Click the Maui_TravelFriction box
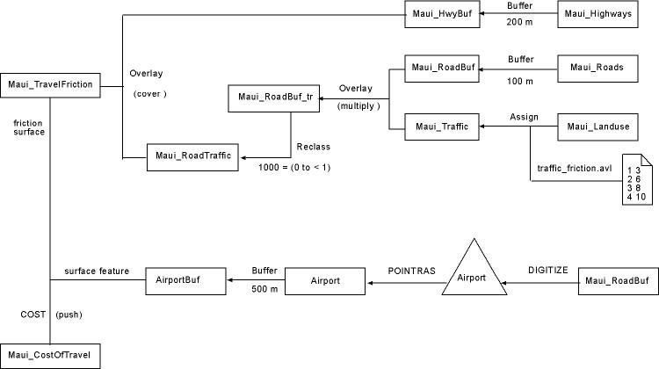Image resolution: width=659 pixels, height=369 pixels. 50,85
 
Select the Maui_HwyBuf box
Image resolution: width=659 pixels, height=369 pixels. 443,15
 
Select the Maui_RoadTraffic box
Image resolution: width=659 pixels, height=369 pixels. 193,156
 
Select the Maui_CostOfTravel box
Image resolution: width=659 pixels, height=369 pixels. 50,356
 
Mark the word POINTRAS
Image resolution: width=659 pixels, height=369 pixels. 411,271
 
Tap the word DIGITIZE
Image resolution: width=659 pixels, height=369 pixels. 547,271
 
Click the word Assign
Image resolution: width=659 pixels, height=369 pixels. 524,116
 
